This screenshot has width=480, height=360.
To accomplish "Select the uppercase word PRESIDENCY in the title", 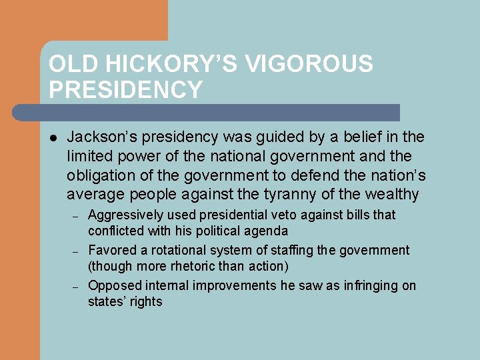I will (x=125, y=90).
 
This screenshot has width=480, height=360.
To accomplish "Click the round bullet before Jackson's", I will (x=53, y=138).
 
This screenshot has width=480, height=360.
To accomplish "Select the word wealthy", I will (x=393, y=195).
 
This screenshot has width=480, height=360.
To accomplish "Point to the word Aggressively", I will (x=127, y=215).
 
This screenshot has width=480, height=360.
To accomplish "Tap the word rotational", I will (x=169, y=251).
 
